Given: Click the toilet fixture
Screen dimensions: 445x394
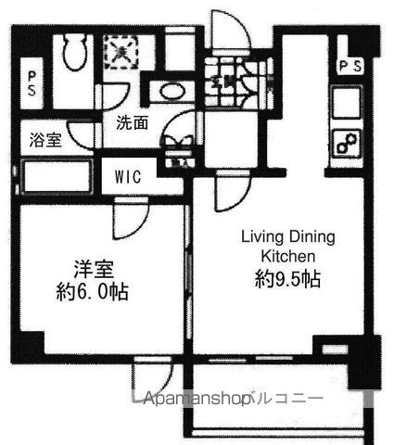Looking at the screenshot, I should (x=73, y=57).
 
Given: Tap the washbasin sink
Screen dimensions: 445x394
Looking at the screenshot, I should (x=172, y=91).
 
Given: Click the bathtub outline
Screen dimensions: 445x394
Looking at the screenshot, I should (x=55, y=175).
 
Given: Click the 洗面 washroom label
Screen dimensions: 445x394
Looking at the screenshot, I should (x=132, y=122).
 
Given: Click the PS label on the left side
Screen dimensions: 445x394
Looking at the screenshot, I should (x=32, y=83).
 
